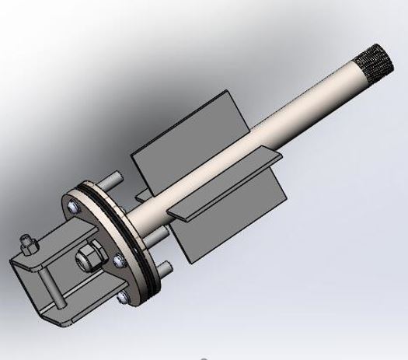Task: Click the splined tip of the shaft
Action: tap(374, 61)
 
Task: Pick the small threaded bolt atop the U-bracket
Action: tap(27, 243)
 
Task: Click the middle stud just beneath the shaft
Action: tap(159, 234)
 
